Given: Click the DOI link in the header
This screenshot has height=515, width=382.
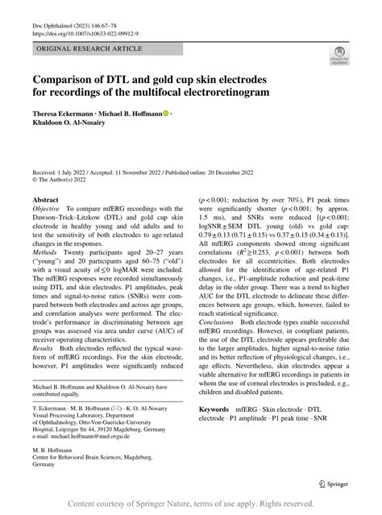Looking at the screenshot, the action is click(85, 33).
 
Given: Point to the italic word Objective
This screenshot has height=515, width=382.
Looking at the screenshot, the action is click(49, 209).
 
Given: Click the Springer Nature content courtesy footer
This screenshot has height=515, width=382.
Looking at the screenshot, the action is click(191, 504).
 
